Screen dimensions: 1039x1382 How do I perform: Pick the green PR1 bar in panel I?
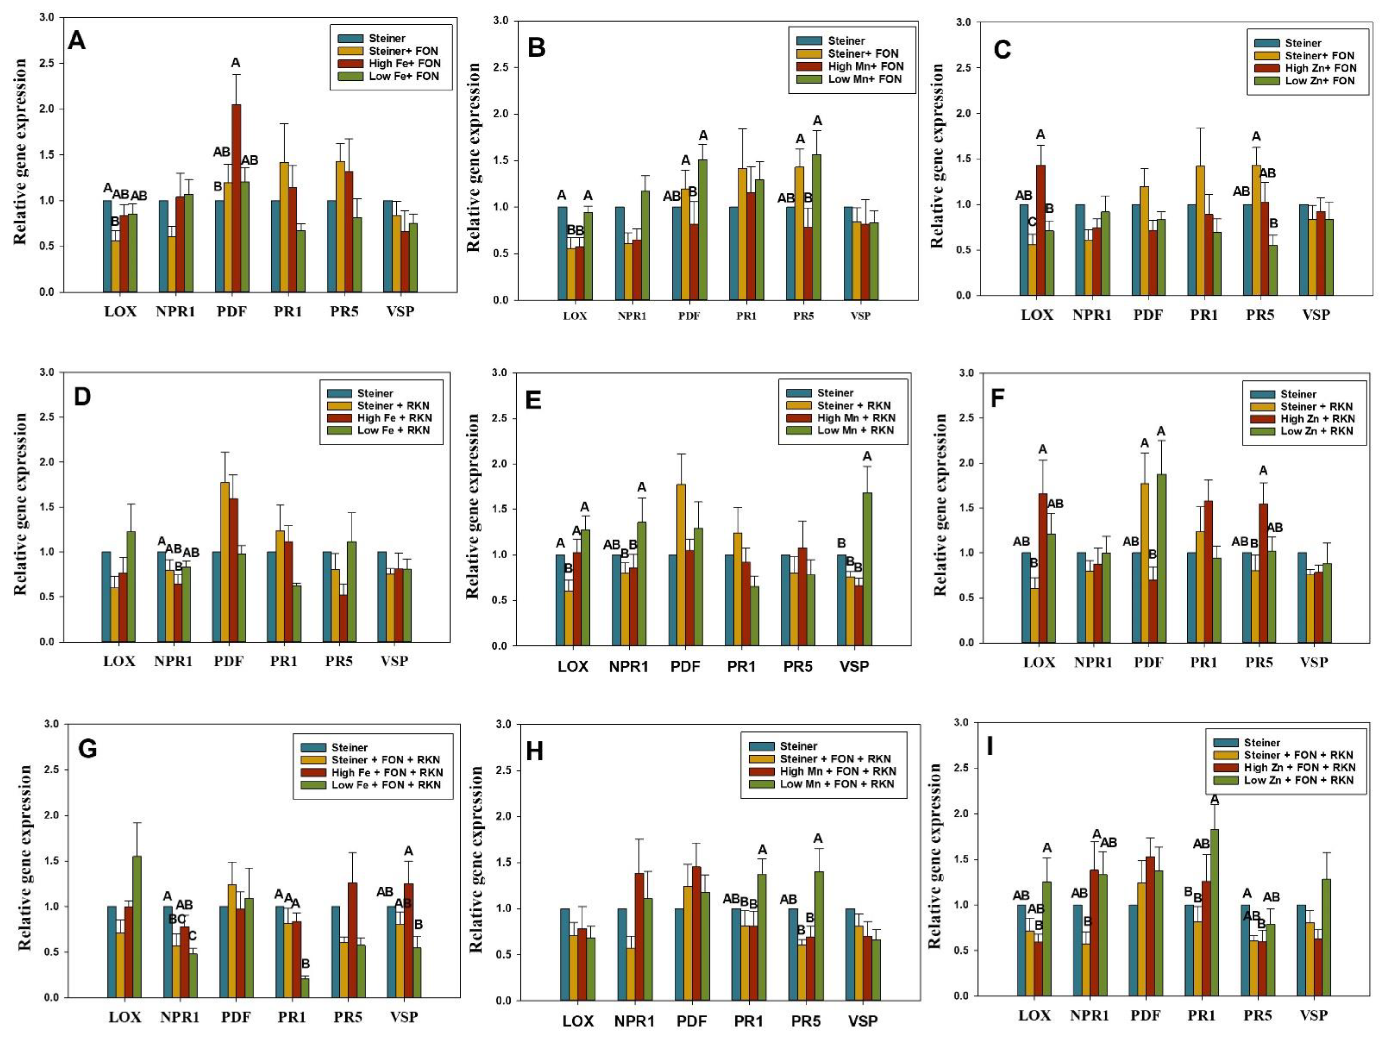coord(1215,912)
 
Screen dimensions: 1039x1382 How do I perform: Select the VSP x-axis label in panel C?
coord(1316,314)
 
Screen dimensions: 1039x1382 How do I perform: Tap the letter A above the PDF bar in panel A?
coord(235,62)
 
